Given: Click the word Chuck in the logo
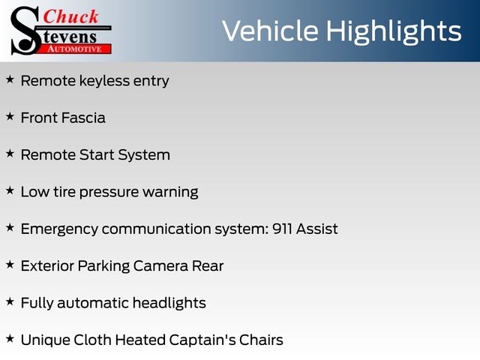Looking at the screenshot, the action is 70,16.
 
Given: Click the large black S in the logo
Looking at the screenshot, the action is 25,31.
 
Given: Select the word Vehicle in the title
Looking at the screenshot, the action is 270,31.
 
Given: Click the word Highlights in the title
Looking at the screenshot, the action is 394,32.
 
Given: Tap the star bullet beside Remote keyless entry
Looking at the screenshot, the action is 10,79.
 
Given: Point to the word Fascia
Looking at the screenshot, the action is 83,118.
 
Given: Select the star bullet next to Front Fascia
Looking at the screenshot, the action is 10,117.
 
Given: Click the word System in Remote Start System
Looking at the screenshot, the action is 144,155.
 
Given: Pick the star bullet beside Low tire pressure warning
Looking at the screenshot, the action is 10,190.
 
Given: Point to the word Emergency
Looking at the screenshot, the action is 59,229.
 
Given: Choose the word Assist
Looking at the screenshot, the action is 316,229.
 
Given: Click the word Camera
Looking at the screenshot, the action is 160,266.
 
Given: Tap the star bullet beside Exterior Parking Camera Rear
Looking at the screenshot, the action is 10,265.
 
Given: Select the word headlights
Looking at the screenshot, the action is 169,303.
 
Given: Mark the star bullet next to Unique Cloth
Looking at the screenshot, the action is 10,339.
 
